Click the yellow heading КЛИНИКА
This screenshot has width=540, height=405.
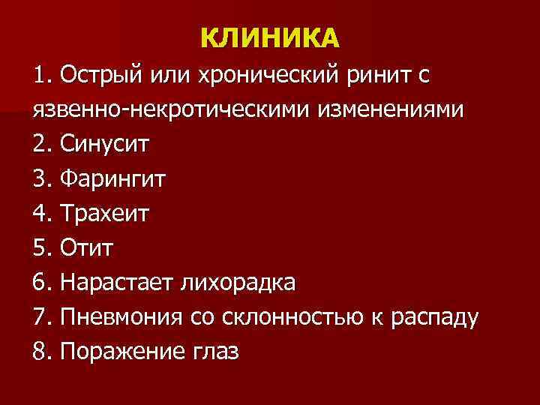pos(270,37)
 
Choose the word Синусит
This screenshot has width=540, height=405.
pos(105,144)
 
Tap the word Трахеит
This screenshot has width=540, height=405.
pos(105,213)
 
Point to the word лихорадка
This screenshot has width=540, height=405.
pos(237,282)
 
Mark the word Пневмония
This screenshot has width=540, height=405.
pos(121,316)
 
